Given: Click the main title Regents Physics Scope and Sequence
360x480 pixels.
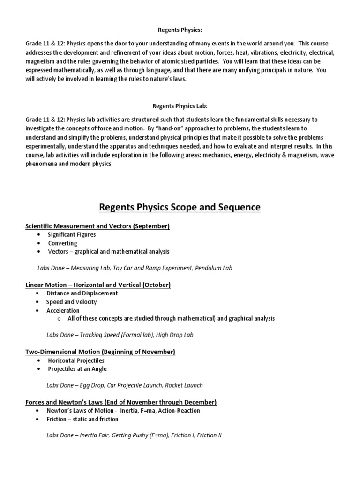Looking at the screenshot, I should (180, 207).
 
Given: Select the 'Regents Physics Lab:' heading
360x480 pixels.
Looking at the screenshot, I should (180, 106).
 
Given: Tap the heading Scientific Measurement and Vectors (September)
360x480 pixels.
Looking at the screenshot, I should (97, 226).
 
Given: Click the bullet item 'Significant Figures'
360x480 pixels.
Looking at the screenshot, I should (72, 234).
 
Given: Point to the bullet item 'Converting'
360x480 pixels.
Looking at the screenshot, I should (62, 243).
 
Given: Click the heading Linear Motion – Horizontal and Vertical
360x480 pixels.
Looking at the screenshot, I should (98, 285).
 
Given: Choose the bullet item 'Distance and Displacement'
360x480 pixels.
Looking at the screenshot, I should (82, 293).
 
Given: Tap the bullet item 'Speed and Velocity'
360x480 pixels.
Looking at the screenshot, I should (71, 302).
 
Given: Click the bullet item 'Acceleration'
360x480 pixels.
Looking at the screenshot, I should (63, 310).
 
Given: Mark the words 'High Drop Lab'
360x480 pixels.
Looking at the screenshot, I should (175, 335).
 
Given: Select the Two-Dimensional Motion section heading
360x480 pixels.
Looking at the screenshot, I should (100, 352).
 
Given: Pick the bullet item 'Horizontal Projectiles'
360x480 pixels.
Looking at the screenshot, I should (76, 360).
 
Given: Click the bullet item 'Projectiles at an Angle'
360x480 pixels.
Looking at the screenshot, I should (77, 369).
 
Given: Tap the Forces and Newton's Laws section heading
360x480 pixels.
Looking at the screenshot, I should (121, 402).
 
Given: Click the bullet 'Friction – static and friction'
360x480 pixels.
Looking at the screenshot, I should (82, 419).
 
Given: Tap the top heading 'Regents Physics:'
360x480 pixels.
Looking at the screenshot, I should (180, 30).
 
